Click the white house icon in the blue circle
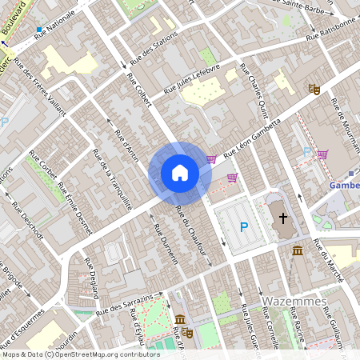(180, 173)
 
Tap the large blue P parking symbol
(244, 227)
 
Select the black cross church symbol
(282, 218)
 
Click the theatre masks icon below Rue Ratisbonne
(314, 90)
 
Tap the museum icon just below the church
(298, 252)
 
